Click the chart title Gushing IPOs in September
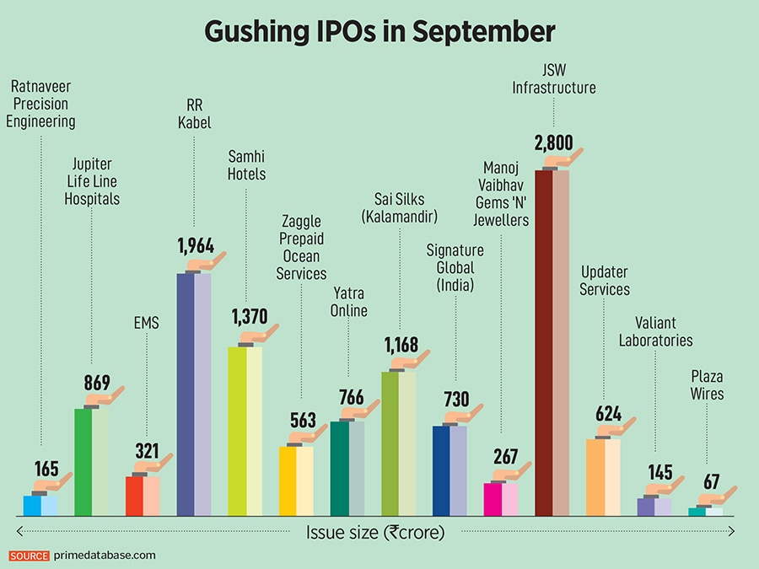pos(379,32)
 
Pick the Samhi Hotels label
pos(247,164)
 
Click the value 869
pos(96,381)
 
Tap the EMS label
pos(147,323)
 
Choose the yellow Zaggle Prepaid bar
pos(296,480)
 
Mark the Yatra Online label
pos(349,301)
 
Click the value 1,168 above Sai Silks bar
pos(401,345)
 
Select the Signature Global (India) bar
pos(449,470)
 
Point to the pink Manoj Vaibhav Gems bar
pos(501,499)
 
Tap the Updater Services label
pos(605,280)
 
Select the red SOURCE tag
pos(30,556)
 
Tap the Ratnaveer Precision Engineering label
pos(40,103)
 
